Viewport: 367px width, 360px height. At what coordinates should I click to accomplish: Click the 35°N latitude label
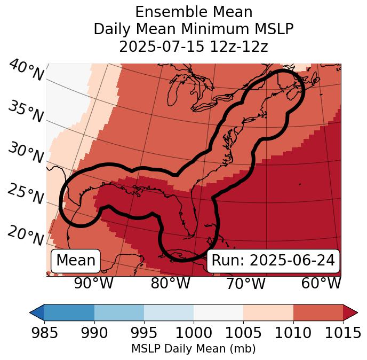[x=25, y=112]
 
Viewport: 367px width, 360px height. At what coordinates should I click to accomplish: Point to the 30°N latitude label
[x=25, y=153]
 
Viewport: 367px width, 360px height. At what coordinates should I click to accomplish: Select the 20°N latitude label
[x=25, y=235]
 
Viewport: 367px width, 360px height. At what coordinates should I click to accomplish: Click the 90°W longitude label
[x=93, y=283]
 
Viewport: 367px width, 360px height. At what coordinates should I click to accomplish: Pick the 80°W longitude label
[x=170, y=283]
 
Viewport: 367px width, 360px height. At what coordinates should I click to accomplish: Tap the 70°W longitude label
[x=245, y=283]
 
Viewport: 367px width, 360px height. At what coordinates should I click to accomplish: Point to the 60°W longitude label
[x=321, y=283]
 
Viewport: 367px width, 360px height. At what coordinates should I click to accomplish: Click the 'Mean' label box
[x=76, y=261]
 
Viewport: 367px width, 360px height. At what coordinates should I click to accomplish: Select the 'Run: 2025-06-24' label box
[x=273, y=261]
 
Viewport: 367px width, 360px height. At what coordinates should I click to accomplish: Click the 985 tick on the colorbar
[x=44, y=333]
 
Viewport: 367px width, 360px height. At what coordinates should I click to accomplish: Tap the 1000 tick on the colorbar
[x=194, y=333]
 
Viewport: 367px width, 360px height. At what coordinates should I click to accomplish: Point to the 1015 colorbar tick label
[x=343, y=333]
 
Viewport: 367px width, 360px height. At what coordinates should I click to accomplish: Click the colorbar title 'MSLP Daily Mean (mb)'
[x=193, y=349]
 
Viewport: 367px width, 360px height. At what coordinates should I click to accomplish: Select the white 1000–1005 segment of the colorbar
[x=218, y=312]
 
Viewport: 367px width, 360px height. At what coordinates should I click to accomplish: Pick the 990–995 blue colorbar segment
[x=119, y=312]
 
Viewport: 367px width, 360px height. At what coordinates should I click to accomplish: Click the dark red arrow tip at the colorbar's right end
[x=352, y=312]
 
